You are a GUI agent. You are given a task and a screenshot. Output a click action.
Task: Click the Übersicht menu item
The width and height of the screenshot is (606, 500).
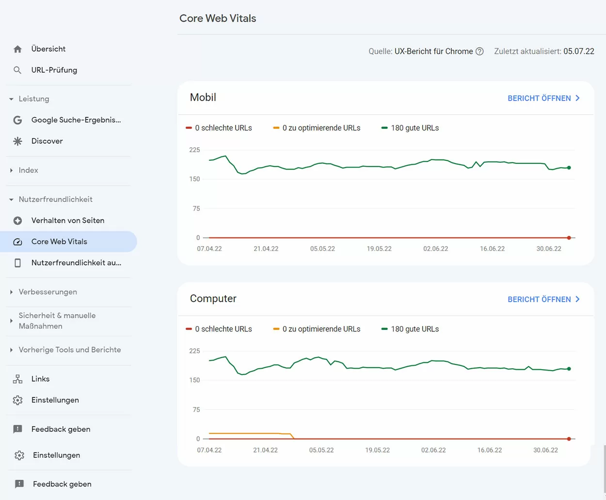pyautogui.click(x=48, y=49)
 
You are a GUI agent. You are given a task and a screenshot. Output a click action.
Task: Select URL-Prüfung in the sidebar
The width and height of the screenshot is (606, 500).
pyautogui.click(x=54, y=70)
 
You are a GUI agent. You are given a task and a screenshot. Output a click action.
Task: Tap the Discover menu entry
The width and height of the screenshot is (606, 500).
pyautogui.click(x=47, y=141)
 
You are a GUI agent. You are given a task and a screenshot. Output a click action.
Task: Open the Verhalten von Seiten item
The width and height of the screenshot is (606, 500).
pyautogui.click(x=67, y=220)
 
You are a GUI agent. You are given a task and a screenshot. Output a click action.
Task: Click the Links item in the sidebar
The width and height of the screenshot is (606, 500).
pyautogui.click(x=40, y=379)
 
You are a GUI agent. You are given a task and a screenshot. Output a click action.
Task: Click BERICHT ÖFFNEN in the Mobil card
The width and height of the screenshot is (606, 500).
pyautogui.click(x=543, y=98)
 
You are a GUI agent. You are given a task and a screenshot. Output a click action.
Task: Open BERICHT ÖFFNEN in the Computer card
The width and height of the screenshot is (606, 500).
pyautogui.click(x=543, y=299)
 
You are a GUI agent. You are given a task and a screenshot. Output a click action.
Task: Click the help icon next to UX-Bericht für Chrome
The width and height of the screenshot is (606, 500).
pyautogui.click(x=479, y=51)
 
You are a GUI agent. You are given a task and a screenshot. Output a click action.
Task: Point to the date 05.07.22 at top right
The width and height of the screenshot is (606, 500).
pyautogui.click(x=578, y=51)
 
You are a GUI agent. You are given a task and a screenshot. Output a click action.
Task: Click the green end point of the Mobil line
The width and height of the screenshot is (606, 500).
pyautogui.click(x=569, y=168)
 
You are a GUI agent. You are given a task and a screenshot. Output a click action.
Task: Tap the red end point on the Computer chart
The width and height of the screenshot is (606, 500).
pyautogui.click(x=569, y=439)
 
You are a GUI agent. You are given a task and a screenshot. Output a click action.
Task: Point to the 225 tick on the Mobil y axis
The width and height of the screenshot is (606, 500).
pyautogui.click(x=194, y=150)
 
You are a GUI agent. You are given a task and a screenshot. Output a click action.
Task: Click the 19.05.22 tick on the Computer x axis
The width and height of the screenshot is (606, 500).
pyautogui.click(x=377, y=450)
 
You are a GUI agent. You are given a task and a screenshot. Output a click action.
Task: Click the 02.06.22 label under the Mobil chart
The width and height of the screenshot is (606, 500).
pyautogui.click(x=435, y=249)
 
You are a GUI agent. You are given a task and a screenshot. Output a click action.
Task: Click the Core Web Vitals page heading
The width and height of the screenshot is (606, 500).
pyautogui.click(x=218, y=18)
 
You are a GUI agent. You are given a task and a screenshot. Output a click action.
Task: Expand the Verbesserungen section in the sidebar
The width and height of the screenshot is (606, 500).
pyautogui.click(x=48, y=292)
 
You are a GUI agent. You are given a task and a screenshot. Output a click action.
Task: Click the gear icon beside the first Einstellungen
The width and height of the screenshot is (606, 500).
pyautogui.click(x=18, y=400)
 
